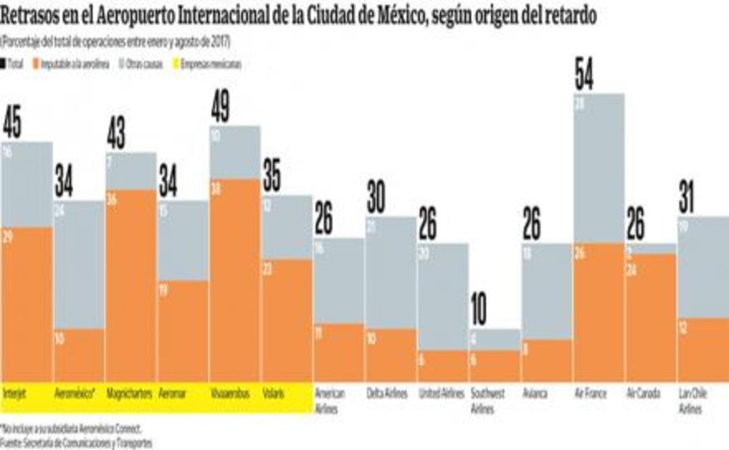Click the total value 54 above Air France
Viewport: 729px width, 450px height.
pos(584,75)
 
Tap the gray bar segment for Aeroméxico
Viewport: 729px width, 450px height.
pos(79,265)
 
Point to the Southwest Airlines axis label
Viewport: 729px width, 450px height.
pos(487,401)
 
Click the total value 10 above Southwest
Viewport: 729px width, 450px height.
pos(479,310)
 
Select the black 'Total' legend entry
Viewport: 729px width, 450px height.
pos(15,65)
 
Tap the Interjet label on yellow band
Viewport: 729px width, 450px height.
pos(15,393)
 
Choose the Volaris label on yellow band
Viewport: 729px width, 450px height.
pos(273,393)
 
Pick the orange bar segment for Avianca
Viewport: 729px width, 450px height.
pos(547,360)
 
